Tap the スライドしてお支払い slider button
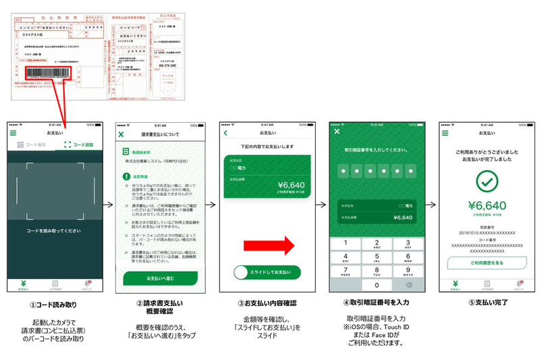[x=265, y=272]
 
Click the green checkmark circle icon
[x=483, y=180]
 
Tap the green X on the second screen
[x=122, y=134]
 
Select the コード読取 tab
[x=80, y=145]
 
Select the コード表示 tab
[x=33, y=145]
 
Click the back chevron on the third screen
[x=227, y=133]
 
